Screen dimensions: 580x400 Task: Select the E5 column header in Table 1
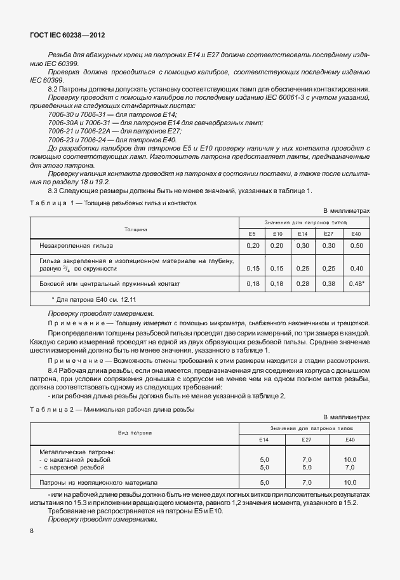click(252, 234)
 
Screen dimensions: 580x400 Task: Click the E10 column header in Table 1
click(276, 234)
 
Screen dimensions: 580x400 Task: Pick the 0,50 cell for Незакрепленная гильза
click(357, 245)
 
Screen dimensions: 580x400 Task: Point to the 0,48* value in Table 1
click(357, 284)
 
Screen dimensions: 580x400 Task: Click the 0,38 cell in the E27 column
click(328, 284)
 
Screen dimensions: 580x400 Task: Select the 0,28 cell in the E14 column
click(303, 284)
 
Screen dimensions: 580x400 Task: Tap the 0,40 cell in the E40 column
click(357, 268)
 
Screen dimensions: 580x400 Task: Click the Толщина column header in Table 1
click(135, 227)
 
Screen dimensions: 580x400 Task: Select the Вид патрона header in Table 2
click(135, 433)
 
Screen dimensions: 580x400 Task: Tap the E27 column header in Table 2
click(307, 440)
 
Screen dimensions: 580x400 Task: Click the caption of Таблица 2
click(113, 410)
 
